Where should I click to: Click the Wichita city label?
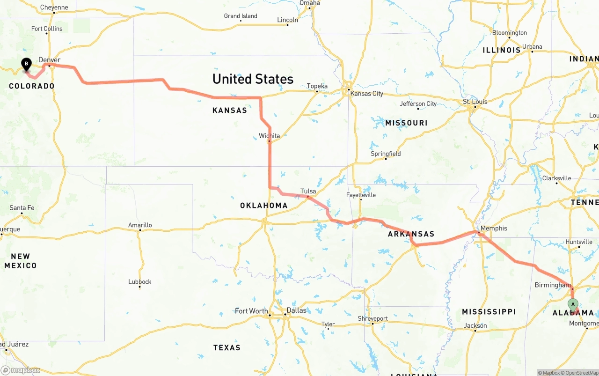pos(269,136)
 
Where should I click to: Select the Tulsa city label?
pos(308,191)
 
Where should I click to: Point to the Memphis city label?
pos(493,228)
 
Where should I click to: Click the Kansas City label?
pos(366,93)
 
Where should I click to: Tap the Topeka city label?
pos(317,86)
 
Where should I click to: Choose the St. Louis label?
pos(475,102)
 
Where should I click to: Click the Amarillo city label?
pos(140,225)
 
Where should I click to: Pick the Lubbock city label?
pos(140,281)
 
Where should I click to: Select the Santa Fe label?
pos(22,207)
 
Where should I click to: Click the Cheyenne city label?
pos(54,7)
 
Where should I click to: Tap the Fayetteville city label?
pos(361,195)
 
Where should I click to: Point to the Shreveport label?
pos(373,318)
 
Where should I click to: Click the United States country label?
pos(253,79)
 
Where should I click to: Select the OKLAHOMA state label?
pos(263,205)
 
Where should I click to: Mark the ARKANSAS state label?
pos(411,234)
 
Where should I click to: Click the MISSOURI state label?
pos(406,123)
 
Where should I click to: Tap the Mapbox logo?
pos(21,370)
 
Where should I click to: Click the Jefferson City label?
pos(418,103)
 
